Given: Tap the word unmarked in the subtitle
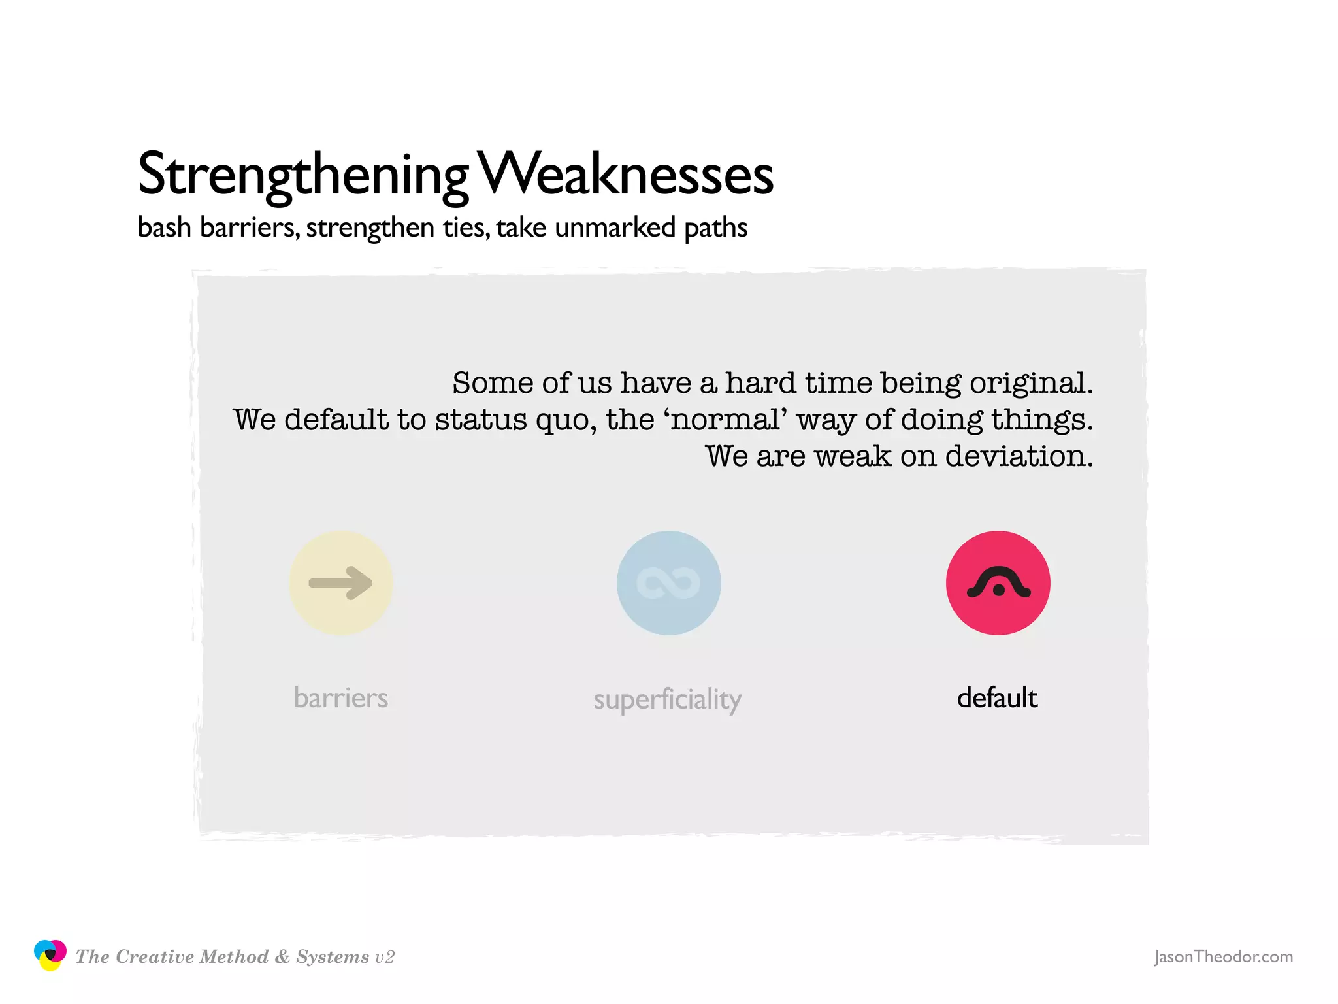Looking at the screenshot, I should pyautogui.click(x=615, y=228).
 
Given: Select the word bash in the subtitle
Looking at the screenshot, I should pyautogui.click(x=164, y=228).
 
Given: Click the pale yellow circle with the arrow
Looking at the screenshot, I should pyautogui.click(x=340, y=583).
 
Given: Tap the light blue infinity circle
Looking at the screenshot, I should pyautogui.click(x=668, y=583).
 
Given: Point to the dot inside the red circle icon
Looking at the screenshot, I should pyautogui.click(x=998, y=590).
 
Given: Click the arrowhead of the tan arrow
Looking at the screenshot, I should pyautogui.click(x=361, y=582).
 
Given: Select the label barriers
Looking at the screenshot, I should pyautogui.click(x=340, y=698).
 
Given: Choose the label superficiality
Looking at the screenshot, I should pyautogui.click(x=667, y=699).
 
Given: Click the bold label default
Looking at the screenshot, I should pyautogui.click(x=997, y=698).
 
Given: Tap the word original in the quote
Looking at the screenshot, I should pyautogui.click(x=1030, y=384).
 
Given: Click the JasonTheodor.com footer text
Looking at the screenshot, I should pyautogui.click(x=1223, y=957).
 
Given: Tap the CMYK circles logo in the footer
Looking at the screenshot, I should pyautogui.click(x=50, y=955).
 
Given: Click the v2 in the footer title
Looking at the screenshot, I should pyautogui.click(x=385, y=958).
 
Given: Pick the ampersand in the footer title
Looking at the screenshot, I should pyautogui.click(x=282, y=957).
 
